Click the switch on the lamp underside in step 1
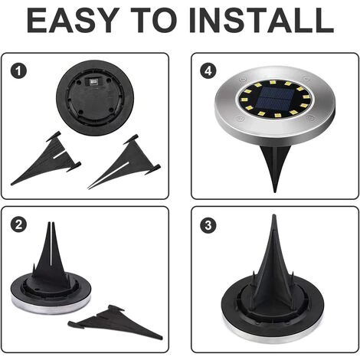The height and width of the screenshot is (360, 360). [x=94, y=80]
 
